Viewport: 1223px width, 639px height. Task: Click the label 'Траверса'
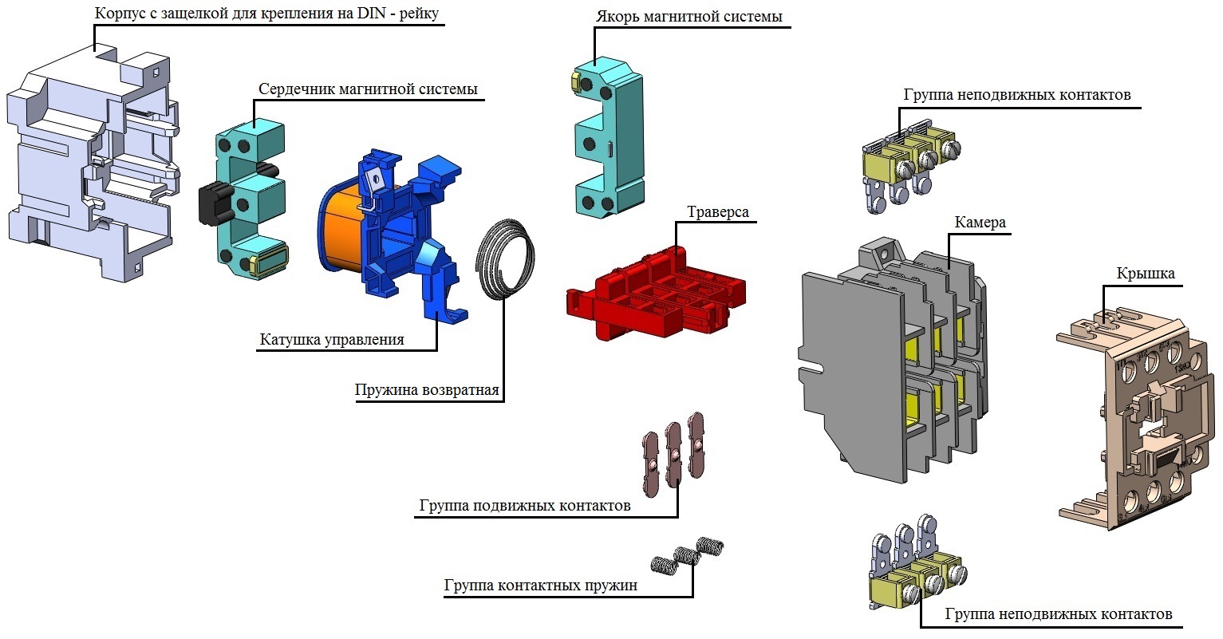(x=718, y=213)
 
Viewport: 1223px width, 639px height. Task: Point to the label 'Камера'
(x=980, y=223)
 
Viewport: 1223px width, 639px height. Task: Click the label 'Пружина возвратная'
(x=427, y=390)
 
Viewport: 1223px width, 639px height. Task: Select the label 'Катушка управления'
(x=332, y=340)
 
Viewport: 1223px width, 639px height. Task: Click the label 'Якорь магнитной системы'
(x=688, y=17)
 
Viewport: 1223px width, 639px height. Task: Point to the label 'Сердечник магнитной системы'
(x=368, y=89)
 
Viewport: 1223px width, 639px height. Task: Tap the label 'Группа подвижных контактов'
(x=524, y=506)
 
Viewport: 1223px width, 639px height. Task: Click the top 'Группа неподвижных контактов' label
(x=1016, y=95)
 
